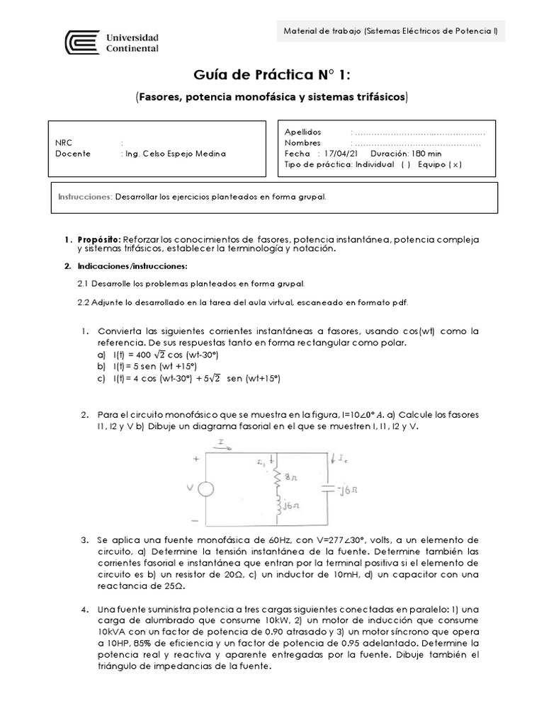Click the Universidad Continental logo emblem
[x=81, y=42]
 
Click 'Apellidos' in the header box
[x=302, y=132]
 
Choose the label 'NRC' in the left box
[x=64, y=142]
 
